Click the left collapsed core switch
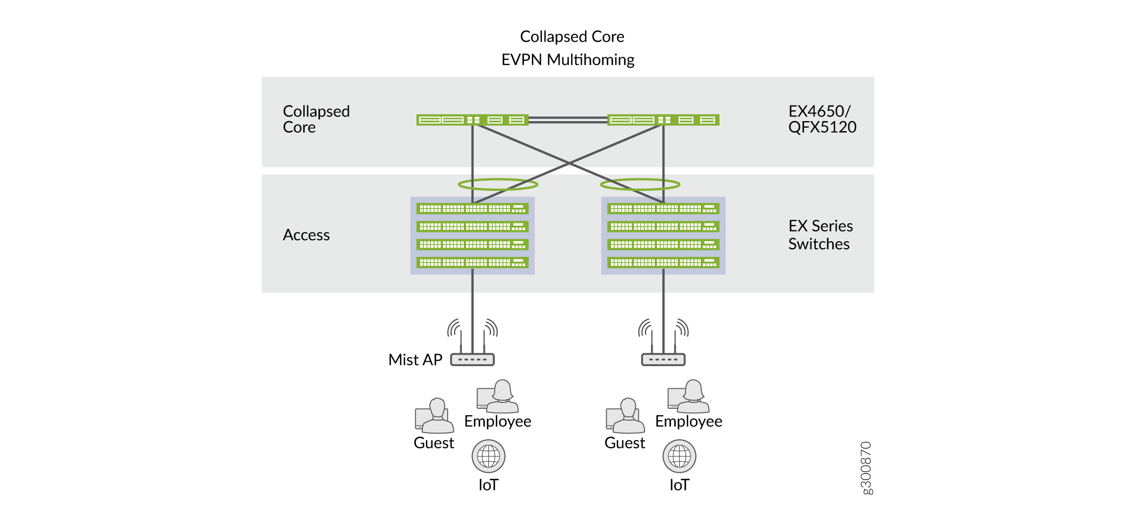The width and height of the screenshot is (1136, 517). click(x=472, y=120)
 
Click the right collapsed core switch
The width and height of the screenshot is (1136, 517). click(x=663, y=120)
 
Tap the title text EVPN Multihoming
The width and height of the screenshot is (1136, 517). click(x=568, y=59)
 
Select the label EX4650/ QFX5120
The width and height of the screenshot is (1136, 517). click(x=822, y=119)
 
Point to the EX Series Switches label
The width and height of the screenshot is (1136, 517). click(x=820, y=235)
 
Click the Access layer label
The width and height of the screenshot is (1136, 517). click(x=306, y=235)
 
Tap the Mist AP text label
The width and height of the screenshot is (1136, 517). click(x=415, y=360)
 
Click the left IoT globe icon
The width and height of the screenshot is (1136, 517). click(x=488, y=456)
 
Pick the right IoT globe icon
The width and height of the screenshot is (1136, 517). click(x=679, y=456)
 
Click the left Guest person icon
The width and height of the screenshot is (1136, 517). click(x=435, y=416)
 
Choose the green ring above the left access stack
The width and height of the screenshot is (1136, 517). click(x=498, y=184)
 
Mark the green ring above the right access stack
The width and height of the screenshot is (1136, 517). click(x=640, y=184)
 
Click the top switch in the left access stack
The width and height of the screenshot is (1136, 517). click(x=473, y=209)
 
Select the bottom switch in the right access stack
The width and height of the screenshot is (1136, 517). click(x=663, y=263)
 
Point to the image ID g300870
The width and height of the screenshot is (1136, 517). click(x=866, y=468)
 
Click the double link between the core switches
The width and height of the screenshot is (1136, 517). click(x=568, y=120)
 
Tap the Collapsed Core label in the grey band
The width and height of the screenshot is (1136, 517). click(x=316, y=119)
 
